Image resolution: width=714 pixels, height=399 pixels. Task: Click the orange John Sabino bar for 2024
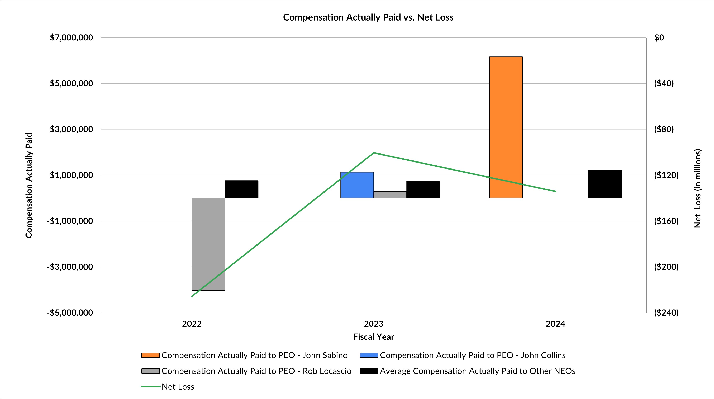pyautogui.click(x=506, y=127)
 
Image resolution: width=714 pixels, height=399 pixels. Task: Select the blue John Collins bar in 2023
pyautogui.click(x=357, y=185)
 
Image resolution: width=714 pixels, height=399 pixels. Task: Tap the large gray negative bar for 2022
pyautogui.click(x=208, y=244)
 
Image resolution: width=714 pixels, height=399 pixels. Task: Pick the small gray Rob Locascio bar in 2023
pyautogui.click(x=390, y=195)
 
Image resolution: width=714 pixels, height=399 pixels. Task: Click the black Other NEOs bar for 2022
pyautogui.click(x=241, y=189)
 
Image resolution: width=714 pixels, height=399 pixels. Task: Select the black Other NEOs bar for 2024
pyautogui.click(x=605, y=184)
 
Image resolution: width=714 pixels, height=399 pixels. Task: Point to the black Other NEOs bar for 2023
pyautogui.click(x=423, y=189)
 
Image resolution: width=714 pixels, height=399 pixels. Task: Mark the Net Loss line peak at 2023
pyautogui.click(x=374, y=153)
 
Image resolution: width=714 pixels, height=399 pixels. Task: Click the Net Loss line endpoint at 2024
pyautogui.click(x=556, y=191)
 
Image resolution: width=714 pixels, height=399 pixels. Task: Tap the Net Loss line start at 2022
pyautogui.click(x=192, y=296)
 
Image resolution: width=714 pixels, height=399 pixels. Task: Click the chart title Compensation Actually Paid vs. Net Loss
pyautogui.click(x=368, y=17)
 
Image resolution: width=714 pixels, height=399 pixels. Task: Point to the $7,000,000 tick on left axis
pyautogui.click(x=71, y=38)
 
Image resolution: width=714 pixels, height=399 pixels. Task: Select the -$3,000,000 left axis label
pyautogui.click(x=70, y=267)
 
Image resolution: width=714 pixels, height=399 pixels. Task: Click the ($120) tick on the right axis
pyautogui.click(x=666, y=175)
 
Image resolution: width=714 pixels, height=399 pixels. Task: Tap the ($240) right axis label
pyautogui.click(x=666, y=313)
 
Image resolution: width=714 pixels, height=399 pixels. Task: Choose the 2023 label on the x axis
pyautogui.click(x=373, y=324)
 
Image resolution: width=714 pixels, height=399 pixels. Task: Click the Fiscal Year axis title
pyautogui.click(x=373, y=337)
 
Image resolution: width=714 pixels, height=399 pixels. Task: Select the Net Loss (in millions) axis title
pyautogui.click(x=697, y=188)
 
